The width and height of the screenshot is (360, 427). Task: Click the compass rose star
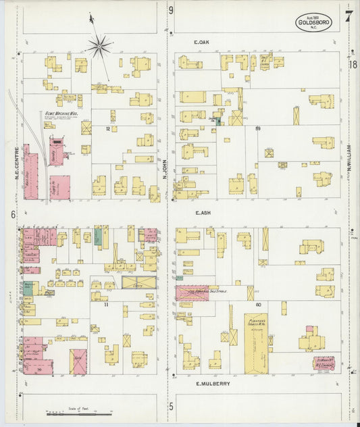[99, 46]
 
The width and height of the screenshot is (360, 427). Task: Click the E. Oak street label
[202, 43]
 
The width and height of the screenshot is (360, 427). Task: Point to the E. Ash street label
[203, 212]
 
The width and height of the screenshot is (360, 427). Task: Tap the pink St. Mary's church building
[326, 362]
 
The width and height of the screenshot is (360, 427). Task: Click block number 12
[107, 128]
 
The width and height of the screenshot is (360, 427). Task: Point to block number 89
[257, 128]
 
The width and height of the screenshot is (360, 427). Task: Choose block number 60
[258, 305]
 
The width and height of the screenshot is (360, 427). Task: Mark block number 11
[107, 305]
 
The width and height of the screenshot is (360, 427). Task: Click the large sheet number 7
[347, 16]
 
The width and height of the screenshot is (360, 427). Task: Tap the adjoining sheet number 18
[353, 64]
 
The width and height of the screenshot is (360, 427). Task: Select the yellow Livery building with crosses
[138, 282]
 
